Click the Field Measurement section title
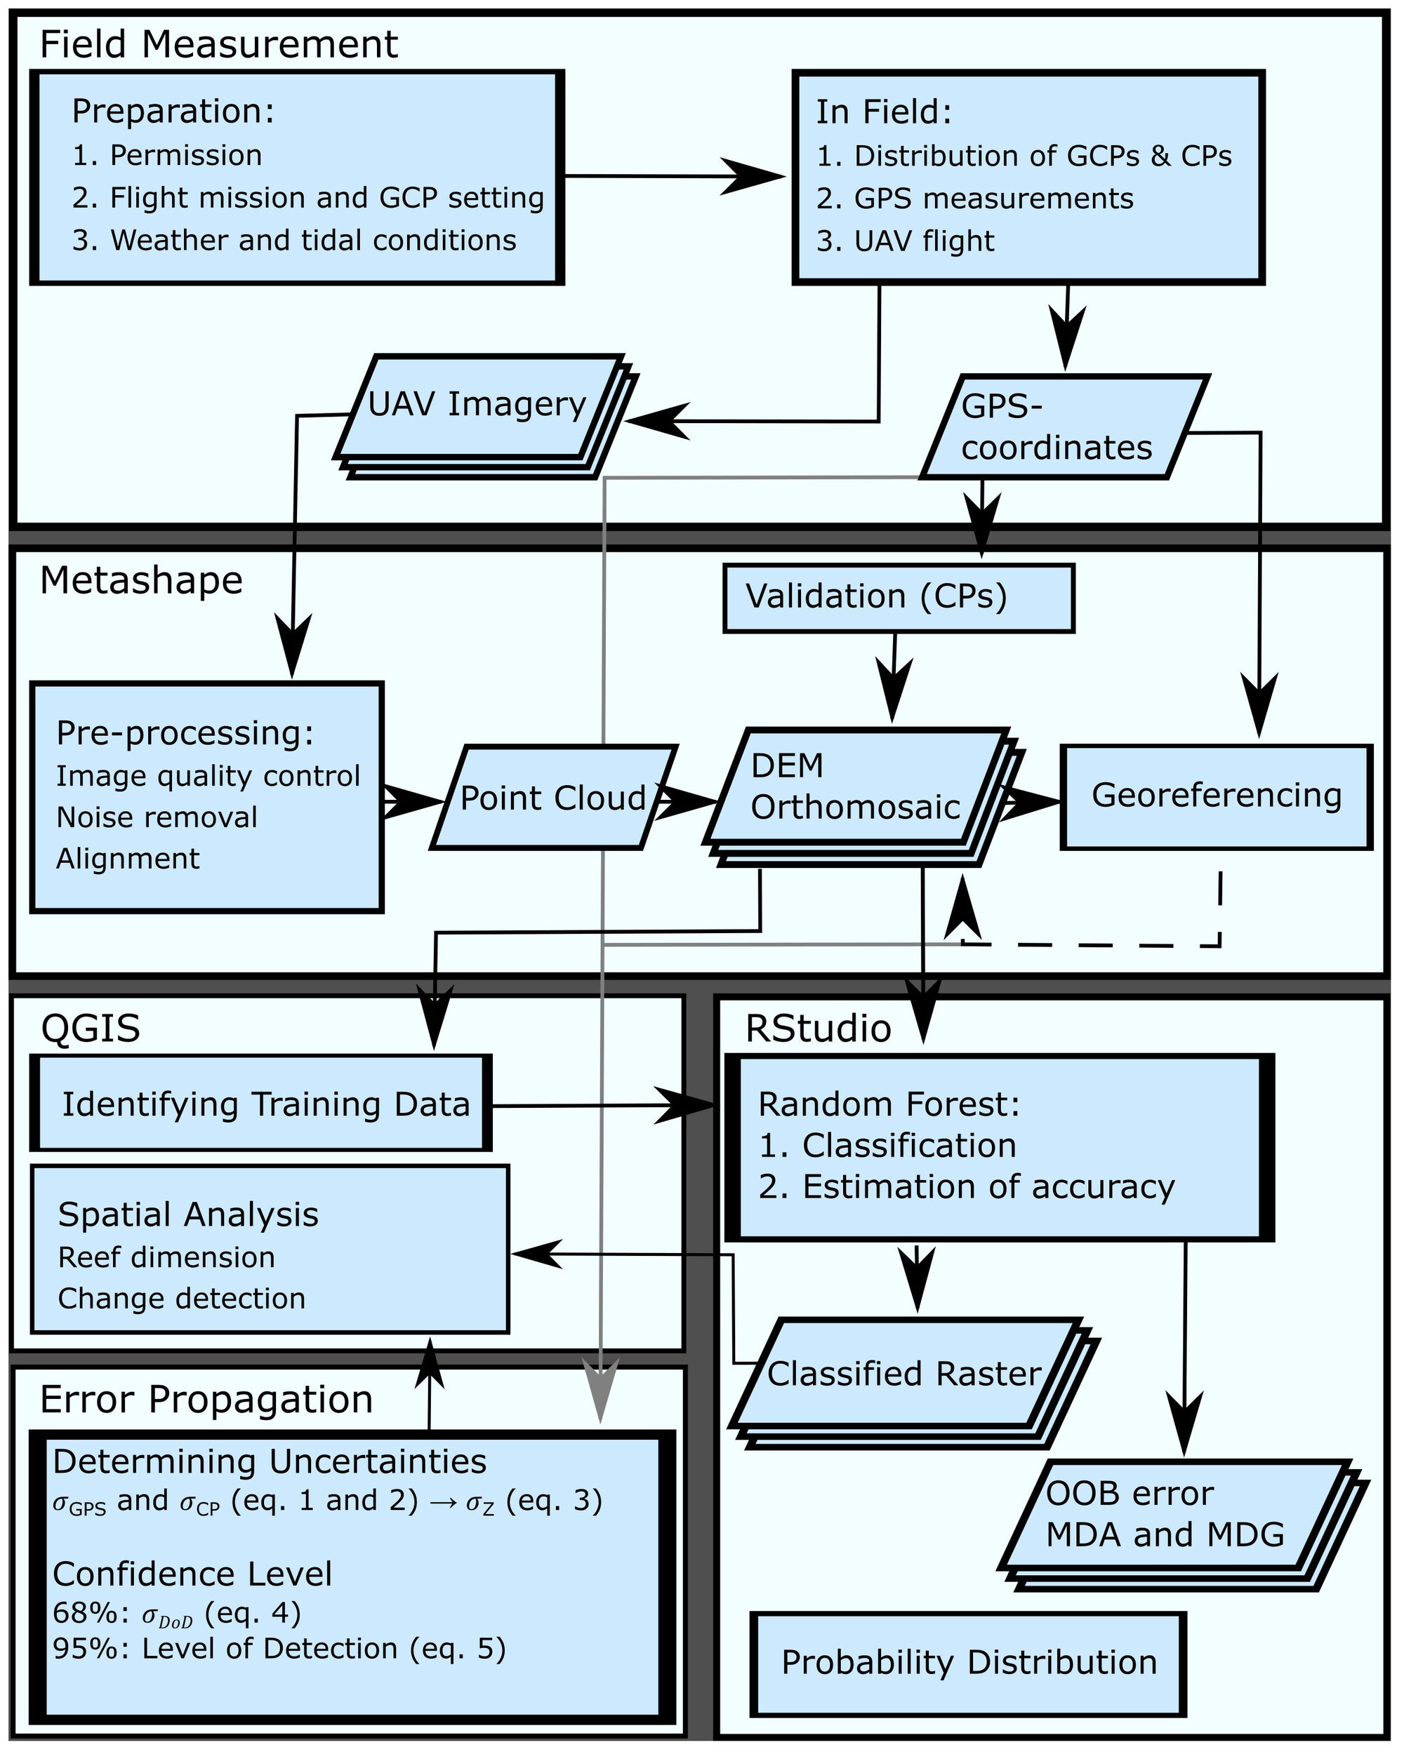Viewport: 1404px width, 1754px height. point(218,44)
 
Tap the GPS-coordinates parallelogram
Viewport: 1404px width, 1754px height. point(1063,428)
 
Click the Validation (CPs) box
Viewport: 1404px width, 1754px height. point(898,598)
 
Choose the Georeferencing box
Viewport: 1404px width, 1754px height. point(1216,796)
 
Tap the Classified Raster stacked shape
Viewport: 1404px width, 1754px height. point(903,1374)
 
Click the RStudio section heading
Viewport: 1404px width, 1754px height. point(818,1029)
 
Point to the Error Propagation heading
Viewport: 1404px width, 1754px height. point(206,1399)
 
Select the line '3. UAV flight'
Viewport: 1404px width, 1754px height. point(904,241)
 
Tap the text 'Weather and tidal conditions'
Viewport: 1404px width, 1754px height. point(312,241)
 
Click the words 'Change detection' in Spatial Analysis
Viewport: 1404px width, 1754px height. point(182,1299)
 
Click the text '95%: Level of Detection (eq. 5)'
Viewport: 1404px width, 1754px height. point(279,1649)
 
